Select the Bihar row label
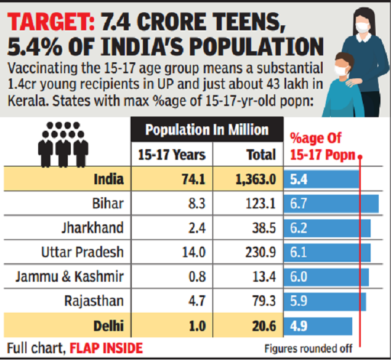(x=110, y=203)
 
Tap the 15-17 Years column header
(x=168, y=155)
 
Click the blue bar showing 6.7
(x=331, y=203)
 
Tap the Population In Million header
(x=207, y=130)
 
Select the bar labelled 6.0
(x=326, y=277)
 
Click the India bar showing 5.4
(x=321, y=179)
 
